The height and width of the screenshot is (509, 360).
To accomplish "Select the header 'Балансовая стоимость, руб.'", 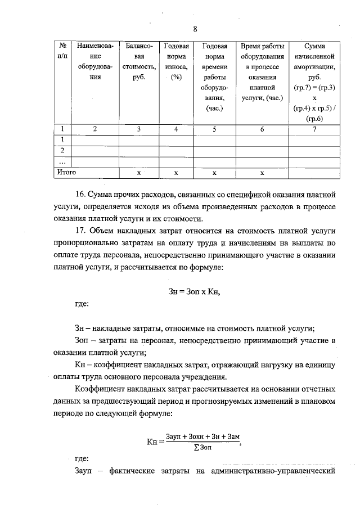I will pyautogui.click(x=138, y=62).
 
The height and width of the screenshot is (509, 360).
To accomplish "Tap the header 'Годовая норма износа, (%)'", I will pyautogui.click(x=175, y=62).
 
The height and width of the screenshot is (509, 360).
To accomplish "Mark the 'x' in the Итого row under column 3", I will pyautogui.click(x=138, y=172).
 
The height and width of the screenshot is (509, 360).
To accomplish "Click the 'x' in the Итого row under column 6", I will pyautogui.click(x=262, y=172).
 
